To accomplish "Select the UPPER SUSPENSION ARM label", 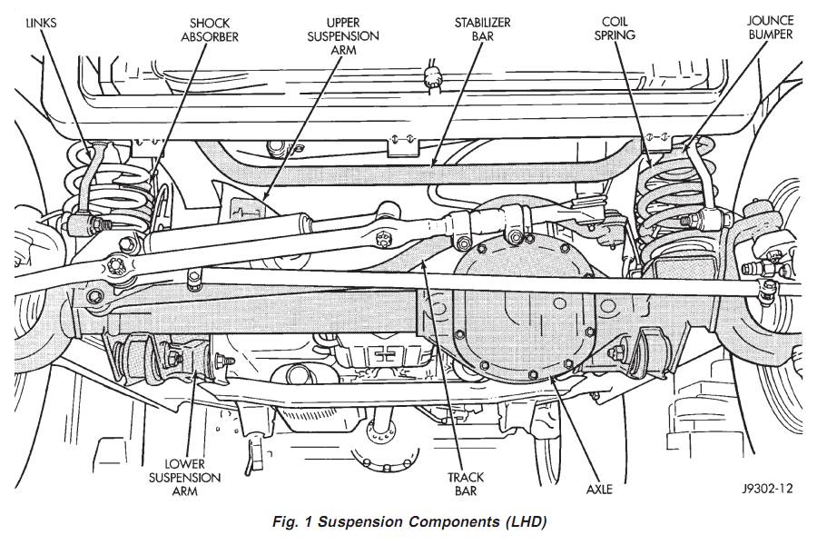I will click(342, 35).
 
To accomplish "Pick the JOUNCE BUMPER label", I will click(770, 27).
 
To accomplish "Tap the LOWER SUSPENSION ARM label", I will click(188, 477).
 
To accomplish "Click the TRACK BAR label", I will click(466, 483).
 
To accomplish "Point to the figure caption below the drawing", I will click(409, 521).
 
